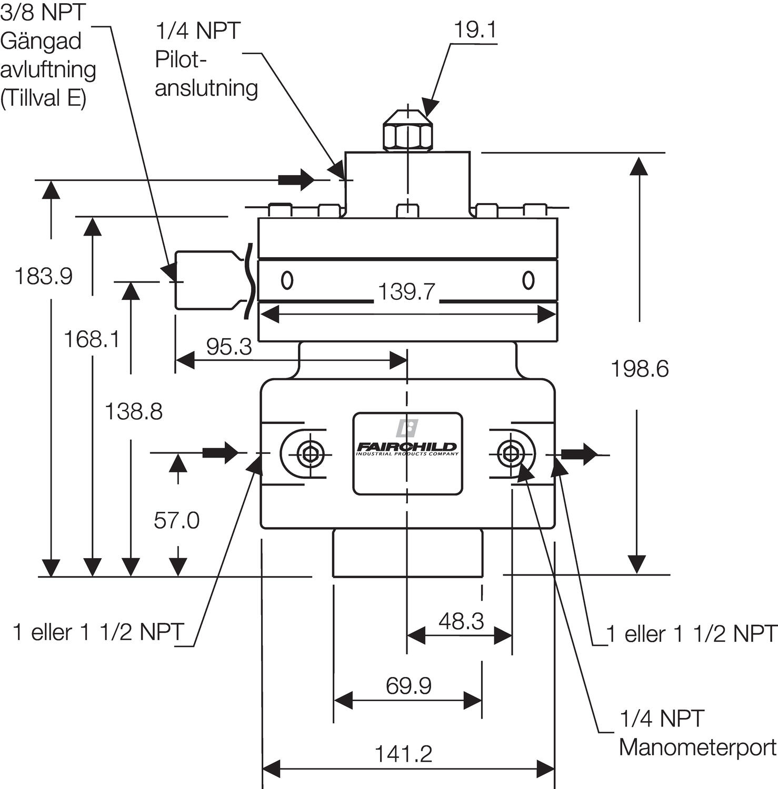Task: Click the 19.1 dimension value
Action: click(474, 30)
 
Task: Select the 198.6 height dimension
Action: click(639, 369)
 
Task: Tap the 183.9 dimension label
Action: click(43, 276)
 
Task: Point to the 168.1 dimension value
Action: click(92, 339)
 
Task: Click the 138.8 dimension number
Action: click(134, 411)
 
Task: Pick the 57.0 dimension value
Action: click(176, 520)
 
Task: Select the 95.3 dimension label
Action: click(229, 347)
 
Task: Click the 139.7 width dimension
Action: click(406, 291)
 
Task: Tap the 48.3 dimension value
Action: click(461, 621)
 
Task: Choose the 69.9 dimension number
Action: click(408, 686)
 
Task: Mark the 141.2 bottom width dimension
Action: click(403, 754)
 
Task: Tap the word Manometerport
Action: click(697, 747)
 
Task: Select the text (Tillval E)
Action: click(43, 98)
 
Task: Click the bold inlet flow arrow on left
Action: click(221, 452)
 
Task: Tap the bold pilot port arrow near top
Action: click(296, 179)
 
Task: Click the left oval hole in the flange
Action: click(287, 280)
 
